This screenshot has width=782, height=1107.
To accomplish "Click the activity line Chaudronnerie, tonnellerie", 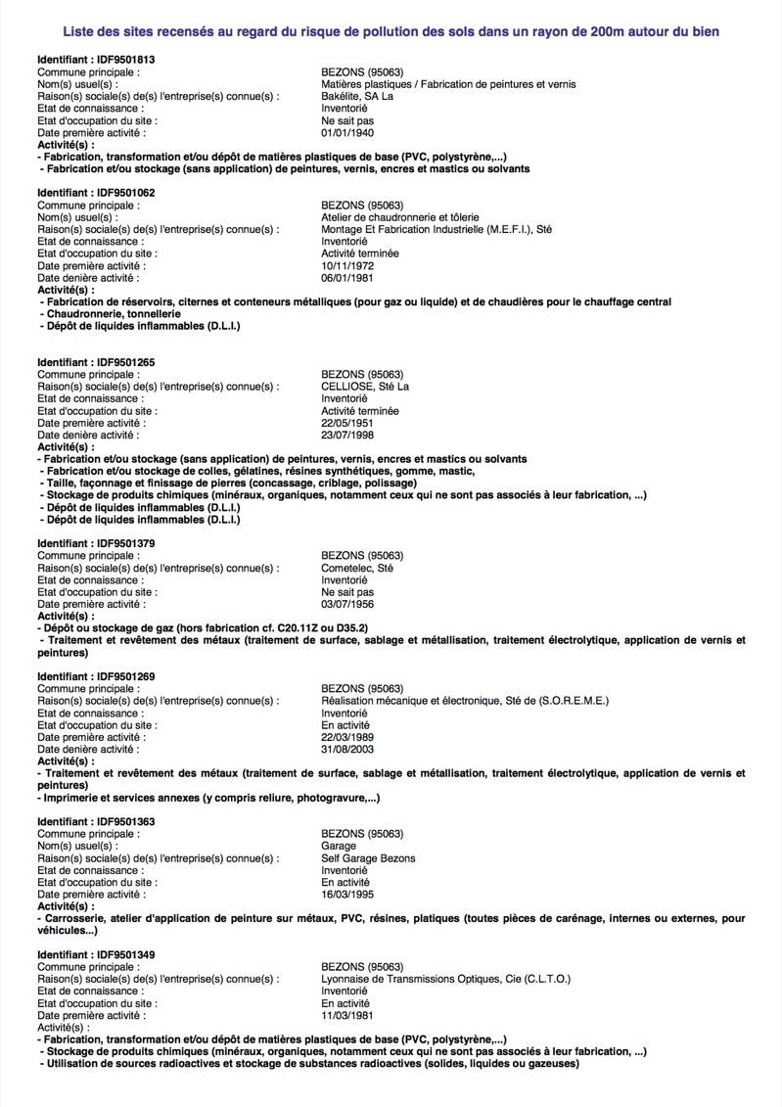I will (111, 313).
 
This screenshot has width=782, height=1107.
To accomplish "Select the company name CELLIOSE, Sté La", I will (365, 387).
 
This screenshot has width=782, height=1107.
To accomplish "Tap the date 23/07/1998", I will (347, 435).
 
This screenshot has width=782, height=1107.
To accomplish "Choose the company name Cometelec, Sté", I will (357, 568).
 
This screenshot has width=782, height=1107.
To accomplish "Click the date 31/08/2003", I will (347, 749).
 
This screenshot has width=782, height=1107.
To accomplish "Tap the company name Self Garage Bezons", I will (368, 858).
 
